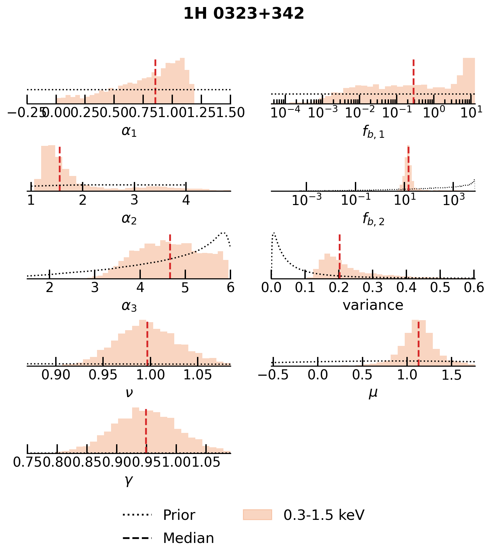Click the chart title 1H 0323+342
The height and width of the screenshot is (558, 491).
coord(244,14)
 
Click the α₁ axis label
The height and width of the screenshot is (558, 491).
coord(129,131)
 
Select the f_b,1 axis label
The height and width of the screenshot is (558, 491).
coord(373,132)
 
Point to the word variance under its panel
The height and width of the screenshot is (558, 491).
coord(373,305)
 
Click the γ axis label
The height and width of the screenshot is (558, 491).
coord(129,480)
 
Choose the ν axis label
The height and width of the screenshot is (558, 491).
coord(129,393)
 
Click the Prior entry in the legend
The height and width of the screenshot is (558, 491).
coord(179,515)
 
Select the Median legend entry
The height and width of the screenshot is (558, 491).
coord(188,538)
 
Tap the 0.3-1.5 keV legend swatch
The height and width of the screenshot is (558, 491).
coord(257,515)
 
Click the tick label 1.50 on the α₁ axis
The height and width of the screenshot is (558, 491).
coord(230,113)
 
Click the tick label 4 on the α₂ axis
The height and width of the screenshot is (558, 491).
coord(186,200)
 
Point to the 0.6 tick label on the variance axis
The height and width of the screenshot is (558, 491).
coord(474,287)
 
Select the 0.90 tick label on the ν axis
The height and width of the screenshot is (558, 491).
coord(56,375)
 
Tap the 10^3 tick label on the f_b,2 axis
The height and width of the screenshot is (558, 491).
coord(453,200)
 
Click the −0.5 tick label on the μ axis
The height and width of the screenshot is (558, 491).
coord(273,375)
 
